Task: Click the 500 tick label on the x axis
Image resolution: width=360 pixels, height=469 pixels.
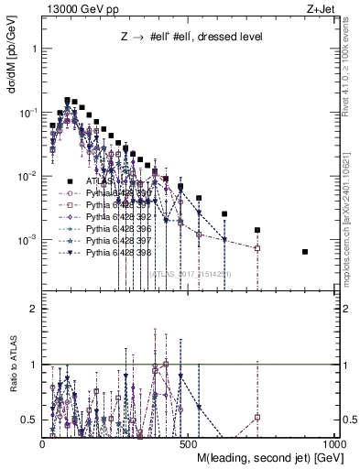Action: click(189, 443)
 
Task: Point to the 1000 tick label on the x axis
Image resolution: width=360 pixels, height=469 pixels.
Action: click(333, 443)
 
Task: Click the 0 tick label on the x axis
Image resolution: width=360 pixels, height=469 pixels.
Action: click(43, 443)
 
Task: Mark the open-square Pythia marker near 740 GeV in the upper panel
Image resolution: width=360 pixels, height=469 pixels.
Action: click(257, 248)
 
